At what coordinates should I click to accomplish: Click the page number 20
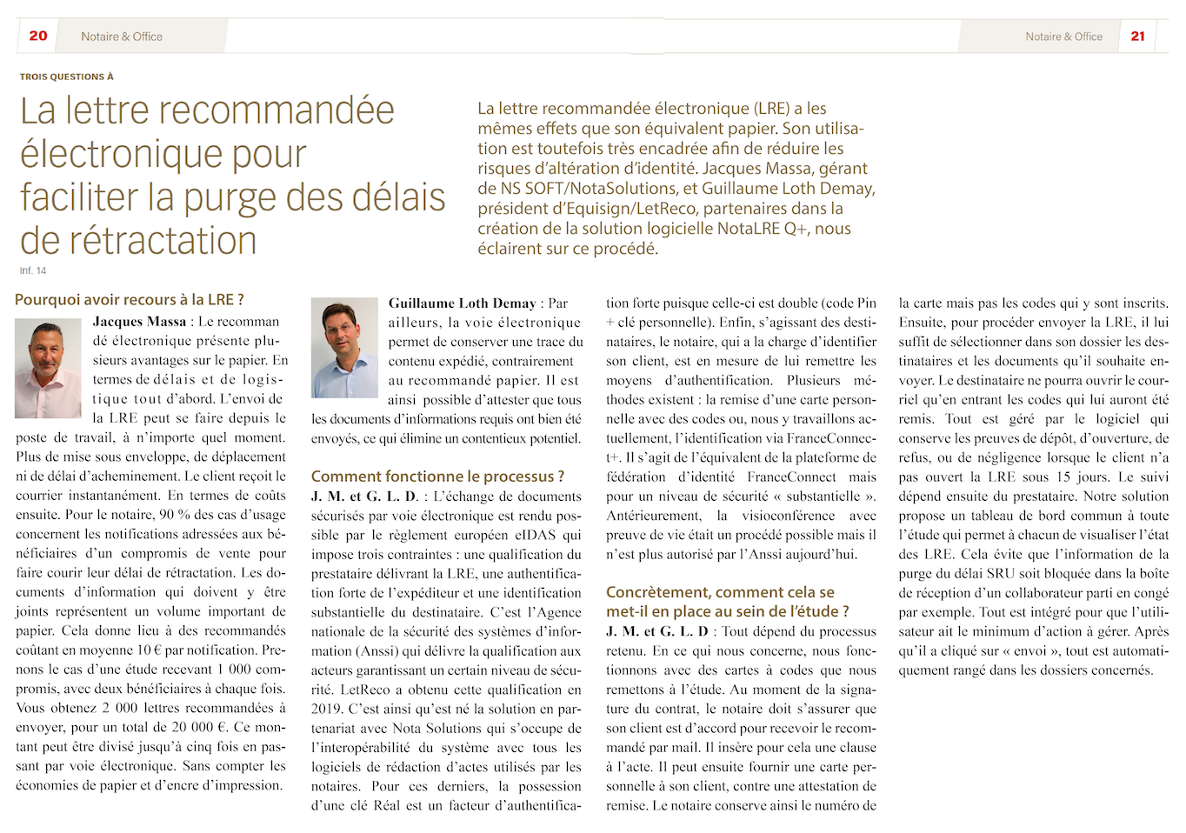point(38,36)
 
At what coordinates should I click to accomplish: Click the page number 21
point(1137,36)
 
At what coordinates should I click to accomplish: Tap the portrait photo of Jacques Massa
point(49,368)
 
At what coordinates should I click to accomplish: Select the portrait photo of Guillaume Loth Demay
point(344,348)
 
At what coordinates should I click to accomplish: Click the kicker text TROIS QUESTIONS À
point(67,77)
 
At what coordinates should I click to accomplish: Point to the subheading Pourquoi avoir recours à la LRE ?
point(130,299)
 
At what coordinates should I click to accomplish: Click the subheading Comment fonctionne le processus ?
point(437,476)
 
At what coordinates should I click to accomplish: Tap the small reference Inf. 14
point(33,270)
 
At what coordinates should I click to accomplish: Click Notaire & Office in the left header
point(122,37)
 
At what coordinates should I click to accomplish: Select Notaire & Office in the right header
point(1063,37)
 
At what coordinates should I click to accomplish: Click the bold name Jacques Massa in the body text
point(139,322)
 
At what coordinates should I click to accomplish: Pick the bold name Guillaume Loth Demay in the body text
point(462,303)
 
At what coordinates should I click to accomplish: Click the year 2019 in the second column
point(327,709)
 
